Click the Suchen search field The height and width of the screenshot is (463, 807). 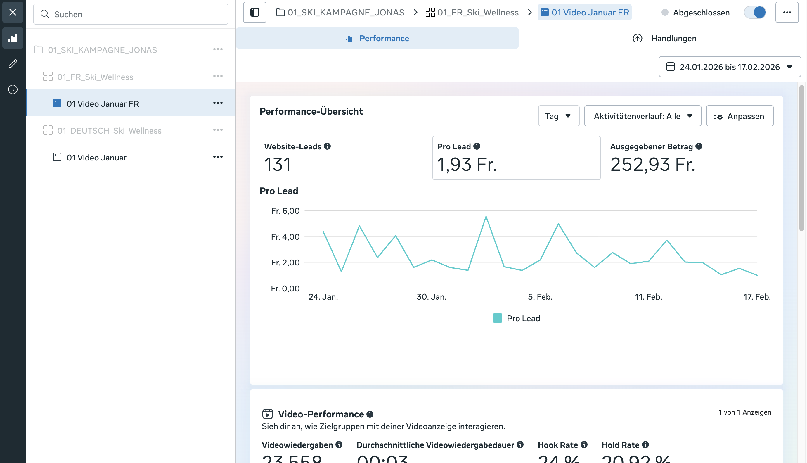(131, 14)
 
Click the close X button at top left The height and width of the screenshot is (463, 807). (13, 12)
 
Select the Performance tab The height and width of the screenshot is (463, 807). (377, 39)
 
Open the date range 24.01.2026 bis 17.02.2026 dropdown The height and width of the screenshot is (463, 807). (730, 67)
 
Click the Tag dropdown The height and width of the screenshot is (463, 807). (558, 116)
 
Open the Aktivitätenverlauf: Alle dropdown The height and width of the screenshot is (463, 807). (643, 116)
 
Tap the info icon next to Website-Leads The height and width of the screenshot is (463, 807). (327, 146)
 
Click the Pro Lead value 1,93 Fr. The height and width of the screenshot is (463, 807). (467, 165)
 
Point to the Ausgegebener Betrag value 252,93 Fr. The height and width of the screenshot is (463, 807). (652, 165)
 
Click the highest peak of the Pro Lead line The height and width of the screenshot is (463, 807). (486, 217)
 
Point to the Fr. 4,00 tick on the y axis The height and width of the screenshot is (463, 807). (285, 237)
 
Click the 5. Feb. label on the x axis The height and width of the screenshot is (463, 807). (540, 297)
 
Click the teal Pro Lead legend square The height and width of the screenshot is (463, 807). (497, 318)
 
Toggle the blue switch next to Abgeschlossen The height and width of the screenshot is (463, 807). (755, 12)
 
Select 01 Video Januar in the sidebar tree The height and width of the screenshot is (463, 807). (96, 158)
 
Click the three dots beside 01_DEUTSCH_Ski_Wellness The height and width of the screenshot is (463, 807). (218, 130)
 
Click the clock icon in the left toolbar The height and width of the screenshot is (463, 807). (13, 89)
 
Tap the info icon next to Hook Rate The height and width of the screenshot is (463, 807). (584, 445)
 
